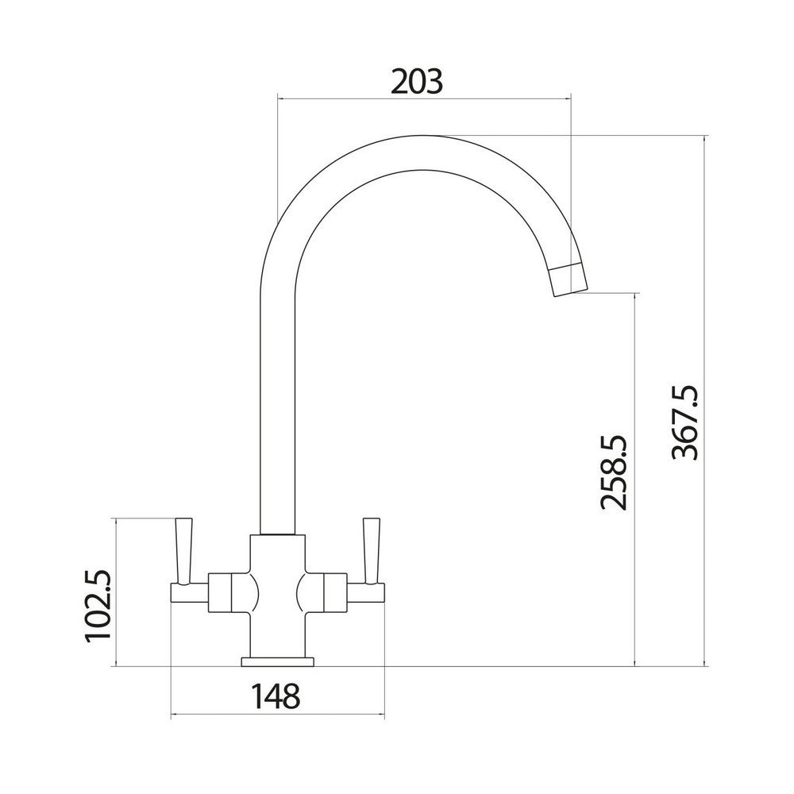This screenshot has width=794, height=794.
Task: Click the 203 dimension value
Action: click(x=417, y=81)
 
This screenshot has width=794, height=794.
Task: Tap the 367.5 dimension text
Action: click(x=684, y=422)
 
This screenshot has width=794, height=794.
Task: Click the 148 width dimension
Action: click(x=276, y=696)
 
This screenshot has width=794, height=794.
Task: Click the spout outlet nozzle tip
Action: click(x=569, y=279)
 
